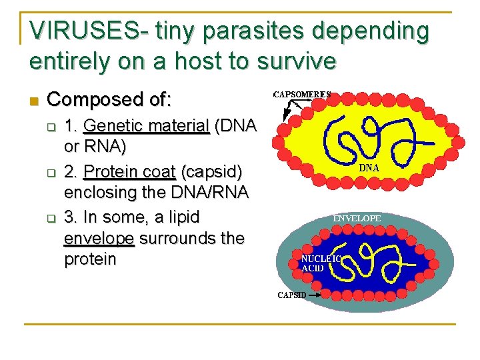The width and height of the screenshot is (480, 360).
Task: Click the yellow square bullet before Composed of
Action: pos(35,101)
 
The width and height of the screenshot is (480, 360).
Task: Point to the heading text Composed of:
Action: pos(110,100)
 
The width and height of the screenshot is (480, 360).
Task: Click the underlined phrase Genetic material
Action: pos(147,125)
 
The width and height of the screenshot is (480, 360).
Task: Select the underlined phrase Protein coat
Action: pos(129,172)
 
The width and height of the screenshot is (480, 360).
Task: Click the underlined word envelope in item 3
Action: pos(99,239)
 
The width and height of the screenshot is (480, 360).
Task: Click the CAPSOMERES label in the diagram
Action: pos(302,95)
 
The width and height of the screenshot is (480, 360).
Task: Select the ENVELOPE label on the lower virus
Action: pos(357,218)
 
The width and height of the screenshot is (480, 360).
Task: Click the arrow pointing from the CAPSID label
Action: pos(313,293)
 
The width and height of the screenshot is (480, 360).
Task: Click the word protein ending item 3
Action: pos(90,259)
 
